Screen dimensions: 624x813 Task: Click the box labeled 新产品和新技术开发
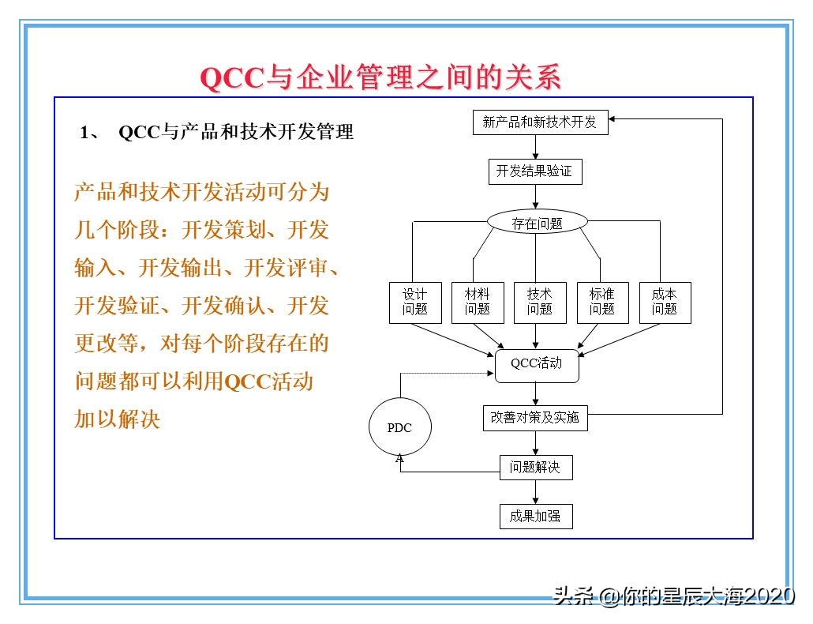(x=540, y=122)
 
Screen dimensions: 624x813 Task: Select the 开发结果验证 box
(x=535, y=171)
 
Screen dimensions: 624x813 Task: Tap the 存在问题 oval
(x=537, y=223)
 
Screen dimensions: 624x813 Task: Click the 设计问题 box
(x=415, y=303)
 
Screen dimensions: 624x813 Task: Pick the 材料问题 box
(x=478, y=303)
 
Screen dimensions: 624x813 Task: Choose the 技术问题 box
(x=540, y=303)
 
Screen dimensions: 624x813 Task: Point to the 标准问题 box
(x=602, y=303)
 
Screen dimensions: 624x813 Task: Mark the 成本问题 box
(x=665, y=303)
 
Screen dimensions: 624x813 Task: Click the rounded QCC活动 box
(x=537, y=365)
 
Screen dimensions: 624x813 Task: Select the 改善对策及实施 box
(x=535, y=418)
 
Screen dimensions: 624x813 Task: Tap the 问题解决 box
(x=536, y=468)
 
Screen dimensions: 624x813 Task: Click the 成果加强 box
(x=536, y=517)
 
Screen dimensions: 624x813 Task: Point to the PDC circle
(x=400, y=428)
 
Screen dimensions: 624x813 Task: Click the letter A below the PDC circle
(x=399, y=459)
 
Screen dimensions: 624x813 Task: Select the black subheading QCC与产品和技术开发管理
(x=236, y=133)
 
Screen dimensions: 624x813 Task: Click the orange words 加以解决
(x=118, y=419)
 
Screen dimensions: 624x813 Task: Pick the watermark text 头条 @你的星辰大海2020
(x=674, y=596)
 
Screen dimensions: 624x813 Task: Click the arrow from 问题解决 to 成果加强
(x=536, y=492)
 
